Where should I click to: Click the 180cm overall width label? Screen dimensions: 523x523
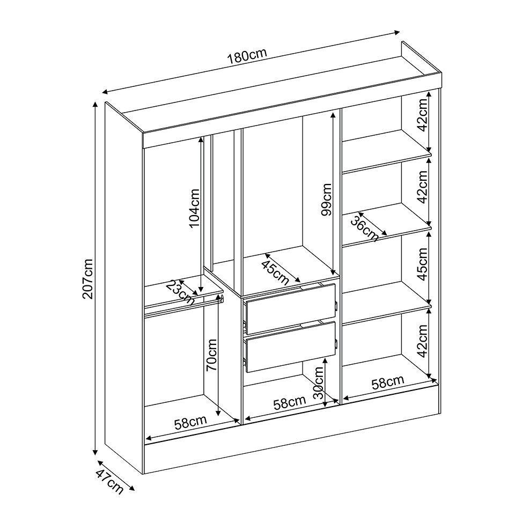[x=247, y=56]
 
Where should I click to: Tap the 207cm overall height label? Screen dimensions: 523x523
[x=88, y=279]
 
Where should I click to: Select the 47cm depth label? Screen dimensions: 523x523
[x=109, y=481]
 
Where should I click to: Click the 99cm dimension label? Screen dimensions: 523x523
[x=326, y=200]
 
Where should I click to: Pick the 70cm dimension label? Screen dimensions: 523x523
[x=212, y=355]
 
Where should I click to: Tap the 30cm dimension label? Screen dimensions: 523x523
[x=319, y=382]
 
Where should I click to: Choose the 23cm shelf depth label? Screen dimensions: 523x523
[x=180, y=292]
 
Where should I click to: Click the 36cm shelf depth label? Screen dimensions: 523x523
[x=365, y=229]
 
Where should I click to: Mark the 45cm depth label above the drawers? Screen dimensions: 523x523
[x=275, y=272]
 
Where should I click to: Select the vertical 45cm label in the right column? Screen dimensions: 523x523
[x=422, y=264]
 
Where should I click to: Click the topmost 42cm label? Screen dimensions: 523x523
[x=422, y=115]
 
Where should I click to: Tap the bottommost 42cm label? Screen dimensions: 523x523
[x=422, y=341]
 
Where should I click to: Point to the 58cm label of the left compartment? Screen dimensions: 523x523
[x=190, y=423]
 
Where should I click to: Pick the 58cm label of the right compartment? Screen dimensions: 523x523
[x=388, y=382]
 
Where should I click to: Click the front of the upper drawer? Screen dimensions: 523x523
[x=291, y=308]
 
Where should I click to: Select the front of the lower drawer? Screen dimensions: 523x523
[x=291, y=347]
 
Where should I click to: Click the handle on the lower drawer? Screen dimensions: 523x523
[x=336, y=343]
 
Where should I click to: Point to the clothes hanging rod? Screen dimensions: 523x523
[x=183, y=306]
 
